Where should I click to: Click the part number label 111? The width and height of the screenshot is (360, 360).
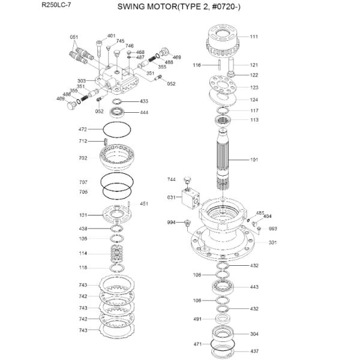[254, 37]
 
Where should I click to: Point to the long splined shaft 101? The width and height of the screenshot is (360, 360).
[224, 159]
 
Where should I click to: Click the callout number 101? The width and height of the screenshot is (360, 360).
[254, 160]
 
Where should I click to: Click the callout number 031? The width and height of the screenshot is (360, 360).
[171, 197]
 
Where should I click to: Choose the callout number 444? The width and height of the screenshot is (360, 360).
[144, 112]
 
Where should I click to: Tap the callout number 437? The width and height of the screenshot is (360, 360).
[254, 350]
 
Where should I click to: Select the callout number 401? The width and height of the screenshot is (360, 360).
[112, 36]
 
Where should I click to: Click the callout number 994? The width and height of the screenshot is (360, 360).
[171, 223]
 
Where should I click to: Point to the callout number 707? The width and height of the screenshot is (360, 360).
[83, 182]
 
